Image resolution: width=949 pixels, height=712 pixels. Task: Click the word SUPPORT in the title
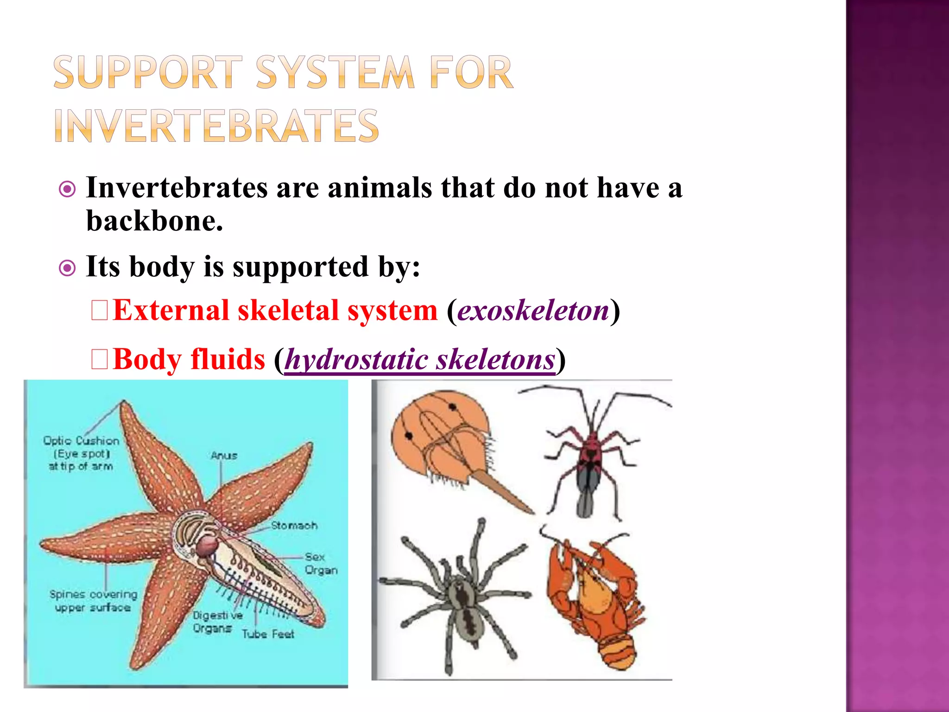tap(147, 72)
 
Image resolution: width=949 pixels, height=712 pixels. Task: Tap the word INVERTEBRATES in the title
tap(217, 126)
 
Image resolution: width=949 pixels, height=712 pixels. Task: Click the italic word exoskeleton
tap(533, 310)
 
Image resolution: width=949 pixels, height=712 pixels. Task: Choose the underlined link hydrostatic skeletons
tap(420, 359)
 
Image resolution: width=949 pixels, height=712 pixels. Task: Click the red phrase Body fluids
tap(189, 359)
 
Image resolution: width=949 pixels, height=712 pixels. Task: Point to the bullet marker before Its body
tap(68, 268)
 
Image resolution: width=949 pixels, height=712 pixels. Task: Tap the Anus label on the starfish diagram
tap(224, 456)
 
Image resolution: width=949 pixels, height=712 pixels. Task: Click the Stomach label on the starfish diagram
tap(294, 526)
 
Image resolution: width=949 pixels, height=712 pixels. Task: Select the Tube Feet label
tap(268, 634)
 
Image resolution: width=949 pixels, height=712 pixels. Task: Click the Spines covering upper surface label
tap(93, 601)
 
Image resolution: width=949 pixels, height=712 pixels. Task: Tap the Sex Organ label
tap(321, 563)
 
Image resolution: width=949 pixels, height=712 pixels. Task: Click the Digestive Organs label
tap(217, 622)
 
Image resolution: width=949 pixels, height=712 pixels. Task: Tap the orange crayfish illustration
tap(595, 603)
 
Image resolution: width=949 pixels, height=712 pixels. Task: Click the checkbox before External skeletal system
tap(100, 311)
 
